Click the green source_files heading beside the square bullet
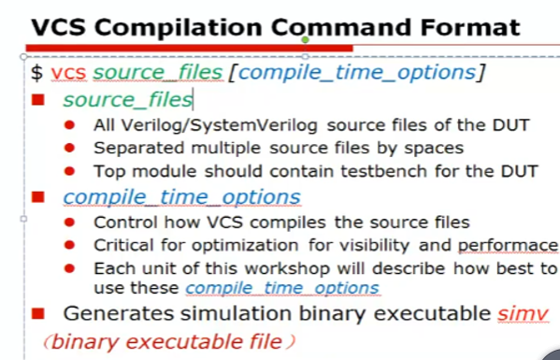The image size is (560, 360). [x=127, y=98]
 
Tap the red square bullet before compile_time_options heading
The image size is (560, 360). [x=38, y=197]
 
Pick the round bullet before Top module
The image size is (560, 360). [x=71, y=172]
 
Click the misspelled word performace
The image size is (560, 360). [x=508, y=246]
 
